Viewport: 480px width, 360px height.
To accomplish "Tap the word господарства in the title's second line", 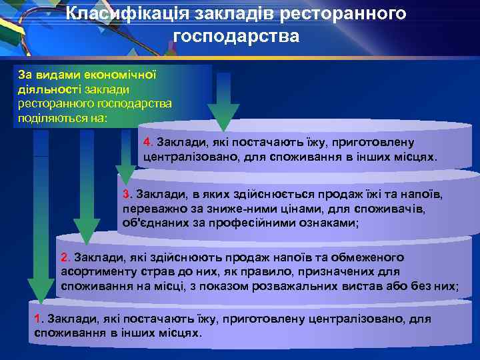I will point(236,36).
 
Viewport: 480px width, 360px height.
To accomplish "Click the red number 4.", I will point(148,142).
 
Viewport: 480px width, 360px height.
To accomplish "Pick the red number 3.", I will point(127,193).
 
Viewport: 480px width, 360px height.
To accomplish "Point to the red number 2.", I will point(65,257).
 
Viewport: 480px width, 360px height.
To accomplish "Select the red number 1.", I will point(37,319).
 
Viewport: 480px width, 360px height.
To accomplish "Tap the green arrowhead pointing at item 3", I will point(125,175).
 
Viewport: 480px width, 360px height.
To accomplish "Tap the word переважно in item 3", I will point(150,209).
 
